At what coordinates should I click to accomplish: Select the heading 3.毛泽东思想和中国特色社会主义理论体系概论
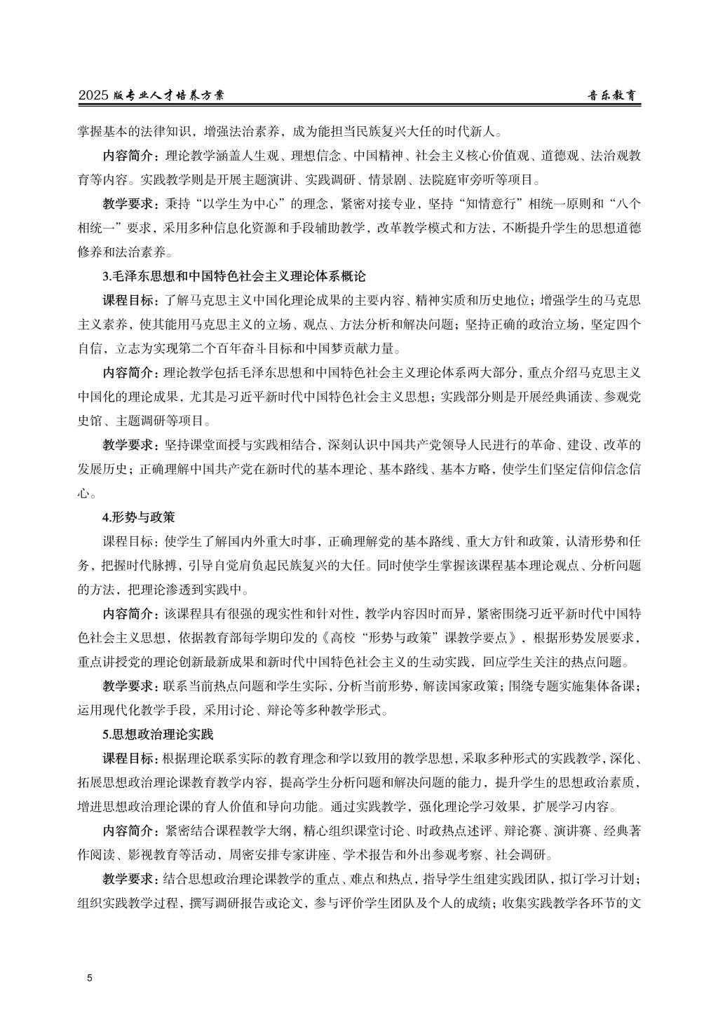(x=235, y=276)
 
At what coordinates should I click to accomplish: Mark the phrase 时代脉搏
(x=135, y=566)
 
